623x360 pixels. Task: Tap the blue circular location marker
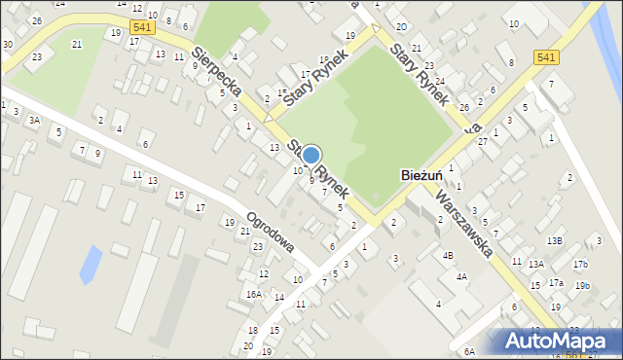tap(311, 154)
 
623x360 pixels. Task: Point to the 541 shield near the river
tap(546, 59)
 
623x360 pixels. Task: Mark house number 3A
tap(34, 121)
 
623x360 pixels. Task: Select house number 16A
tap(254, 294)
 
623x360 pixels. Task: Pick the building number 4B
tap(448, 256)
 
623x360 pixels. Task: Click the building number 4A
tap(462, 276)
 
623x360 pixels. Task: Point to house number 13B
tap(554, 240)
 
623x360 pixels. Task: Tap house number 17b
tap(580, 265)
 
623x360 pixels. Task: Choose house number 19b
tap(582, 285)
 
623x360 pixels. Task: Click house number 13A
tap(535, 264)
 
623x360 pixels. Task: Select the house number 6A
tap(468, 351)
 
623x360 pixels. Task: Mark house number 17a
tap(556, 283)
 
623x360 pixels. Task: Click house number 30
tap(8, 45)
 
